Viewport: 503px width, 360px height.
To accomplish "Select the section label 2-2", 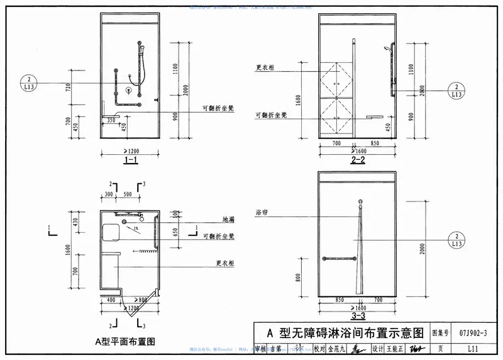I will pyautogui.click(x=358, y=161).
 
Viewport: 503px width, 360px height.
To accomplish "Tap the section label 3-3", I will pyautogui.click(x=358, y=315).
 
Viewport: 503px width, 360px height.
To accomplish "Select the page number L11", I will pyautogui.click(x=477, y=348).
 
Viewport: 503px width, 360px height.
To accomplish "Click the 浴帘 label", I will pyautogui.click(x=262, y=212).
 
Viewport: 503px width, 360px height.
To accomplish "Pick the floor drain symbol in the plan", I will pyautogui.click(x=124, y=222).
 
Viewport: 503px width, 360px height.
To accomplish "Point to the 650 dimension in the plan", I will pyautogui.click(x=175, y=233).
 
